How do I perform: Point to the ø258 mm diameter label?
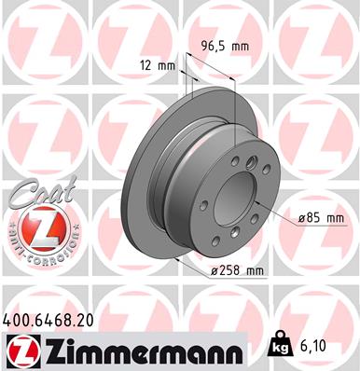pyautogui.click(x=239, y=270)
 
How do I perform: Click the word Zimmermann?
pyautogui.click(x=140, y=350)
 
